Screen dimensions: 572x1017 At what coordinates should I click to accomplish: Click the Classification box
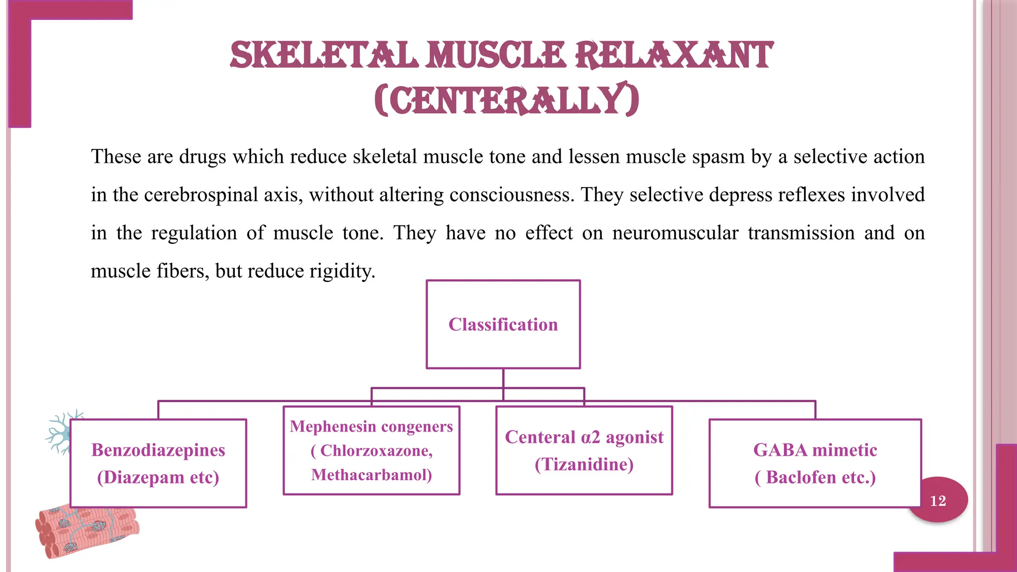[503, 324]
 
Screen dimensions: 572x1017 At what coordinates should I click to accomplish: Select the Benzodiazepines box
[158, 463]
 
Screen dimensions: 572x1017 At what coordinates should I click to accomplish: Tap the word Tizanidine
[584, 465]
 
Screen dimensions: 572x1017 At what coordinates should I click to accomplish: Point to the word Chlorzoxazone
[375, 451]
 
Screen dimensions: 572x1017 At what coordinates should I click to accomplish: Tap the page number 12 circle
[938, 500]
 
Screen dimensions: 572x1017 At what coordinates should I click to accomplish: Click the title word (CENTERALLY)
[507, 100]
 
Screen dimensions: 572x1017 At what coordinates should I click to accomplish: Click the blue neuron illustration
[62, 431]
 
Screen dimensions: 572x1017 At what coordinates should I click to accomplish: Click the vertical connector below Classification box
[503, 378]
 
